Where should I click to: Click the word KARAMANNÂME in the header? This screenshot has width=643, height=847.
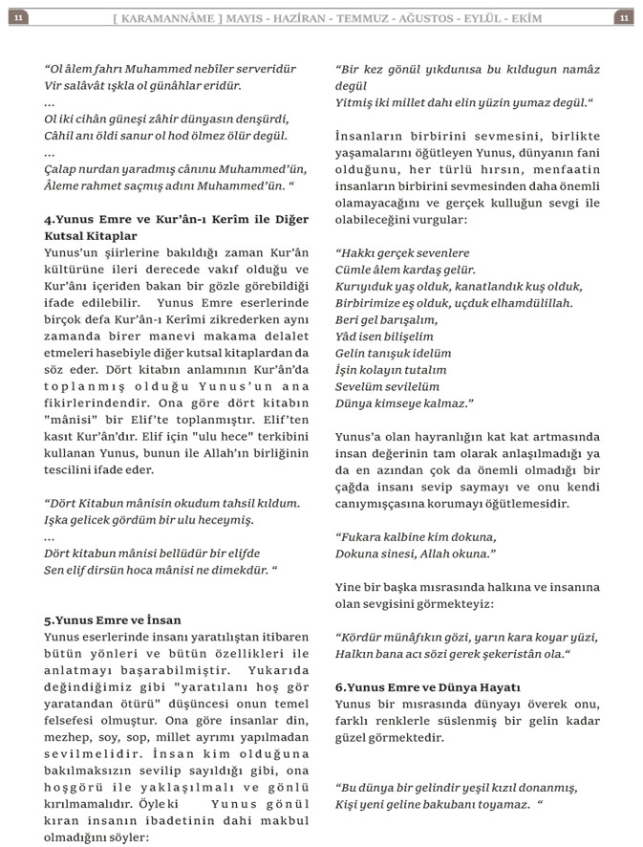[x=174, y=18]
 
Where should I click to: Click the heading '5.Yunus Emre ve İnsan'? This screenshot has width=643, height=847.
[x=113, y=620]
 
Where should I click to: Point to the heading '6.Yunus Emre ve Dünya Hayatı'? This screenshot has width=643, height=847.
[x=427, y=686]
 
